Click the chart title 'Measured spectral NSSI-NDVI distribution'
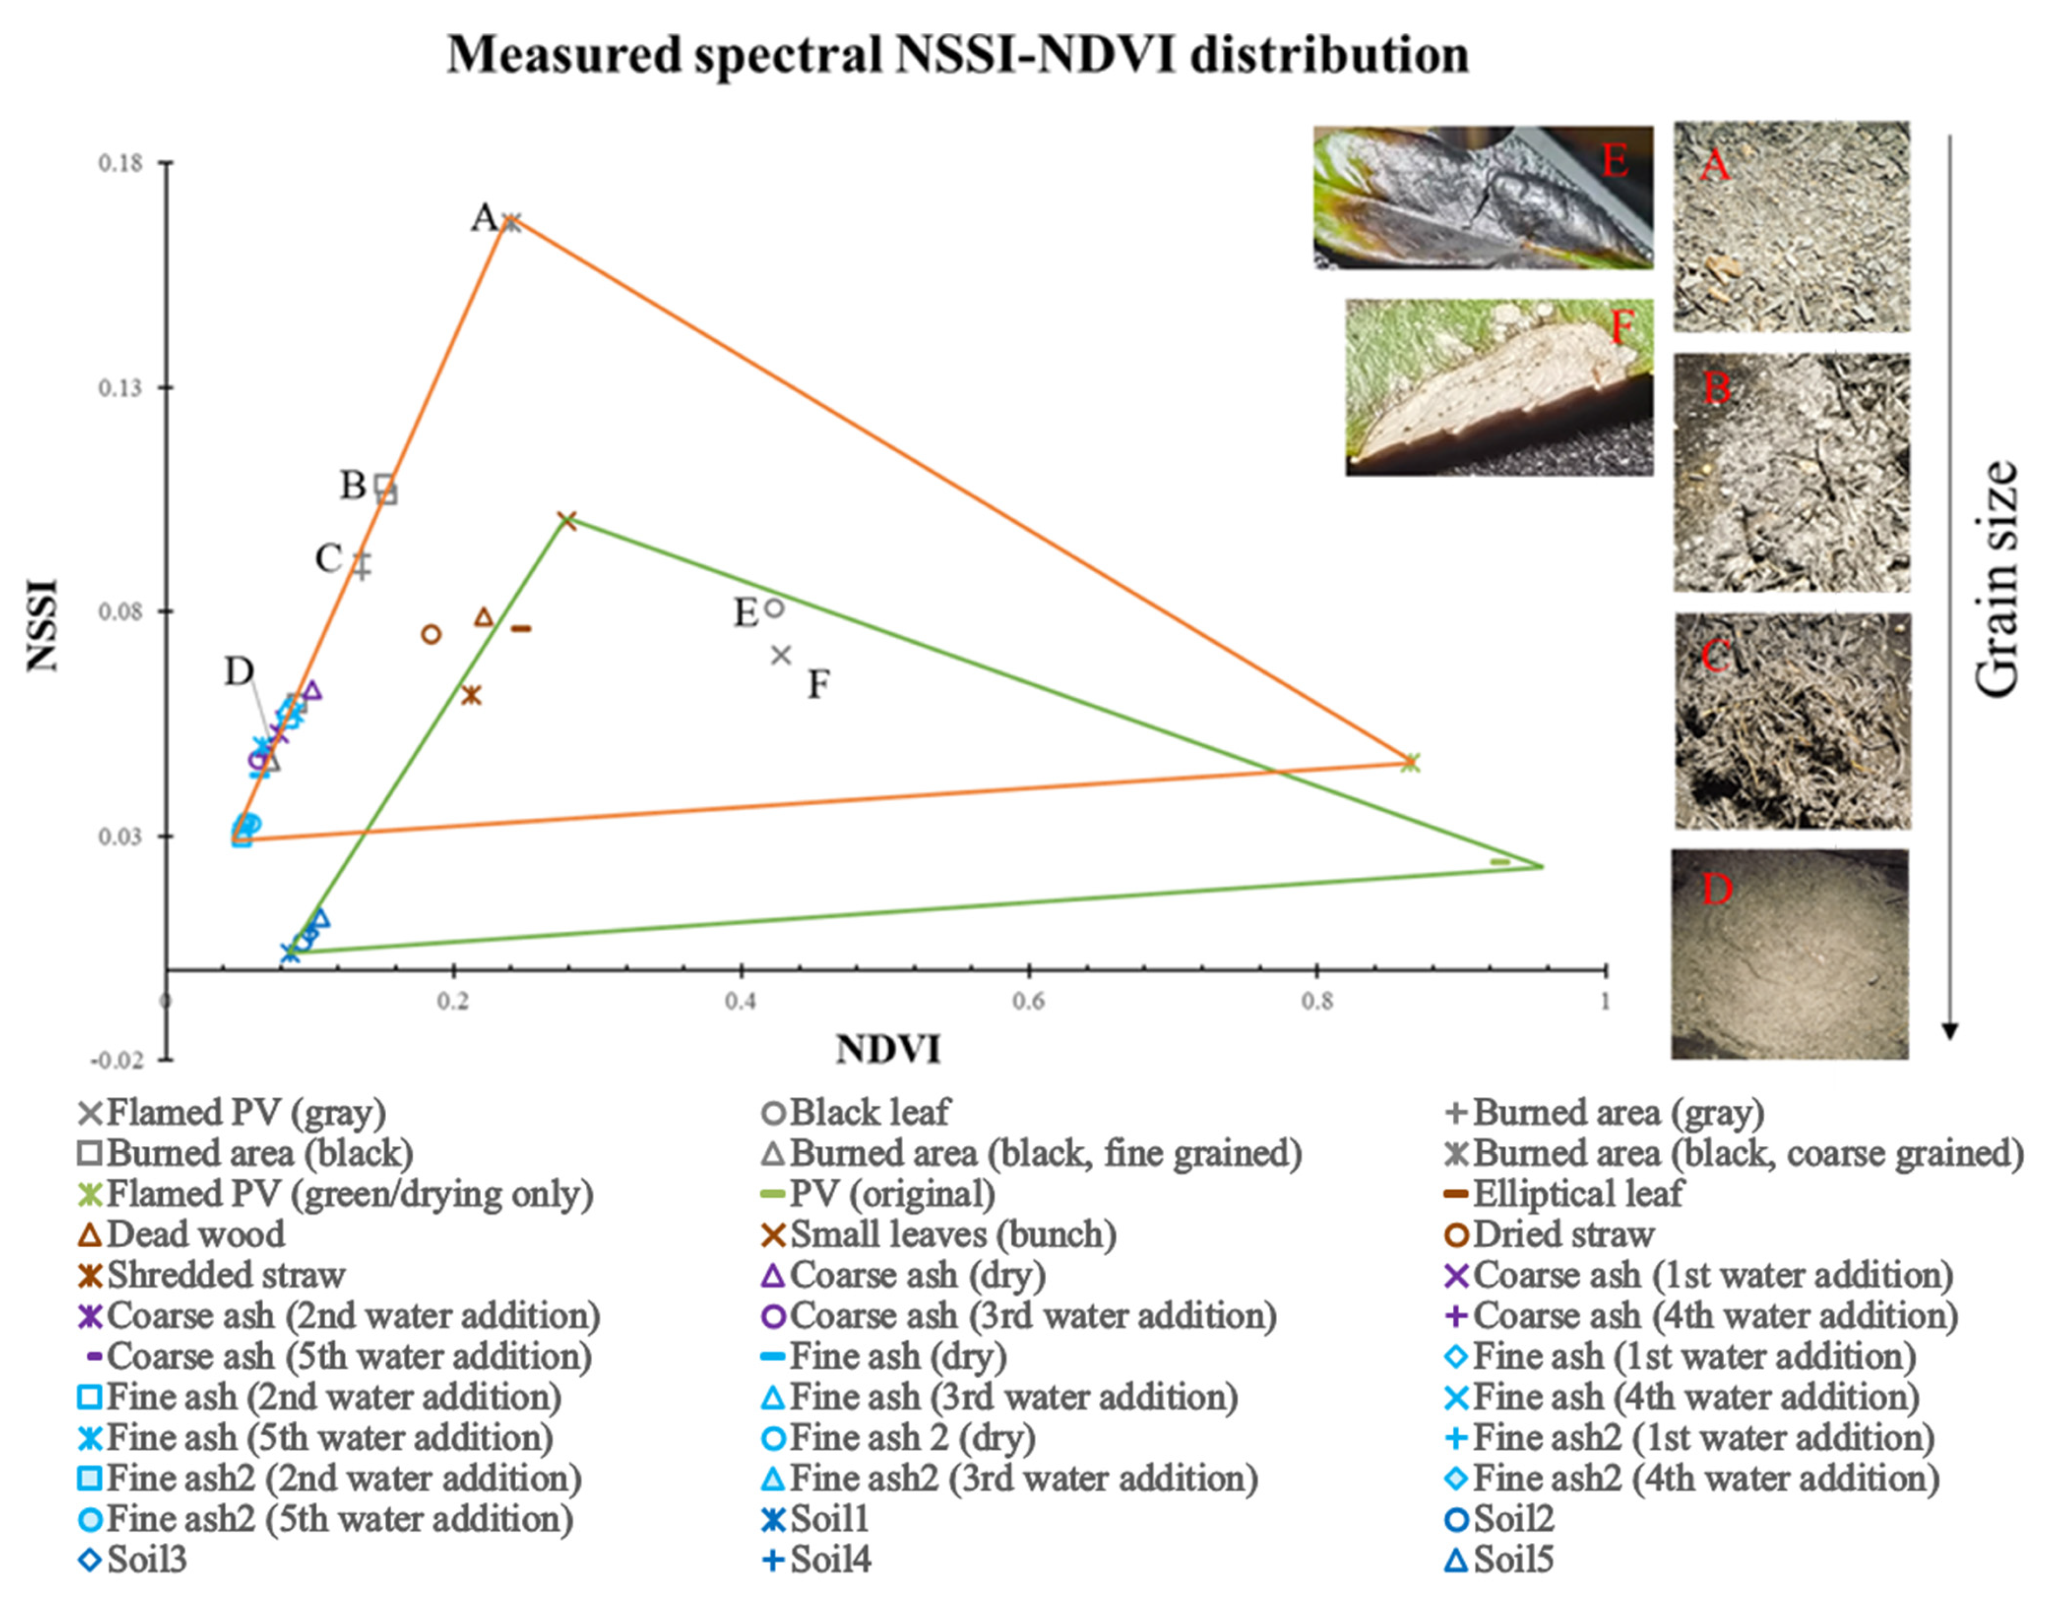click(957, 55)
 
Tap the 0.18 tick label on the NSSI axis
click(121, 163)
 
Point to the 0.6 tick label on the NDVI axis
click(1028, 1002)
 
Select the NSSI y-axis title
click(43, 625)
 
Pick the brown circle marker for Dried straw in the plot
click(431, 634)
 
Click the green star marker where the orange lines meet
click(1410, 762)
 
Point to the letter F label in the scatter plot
click(818, 685)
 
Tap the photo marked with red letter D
click(1789, 954)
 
